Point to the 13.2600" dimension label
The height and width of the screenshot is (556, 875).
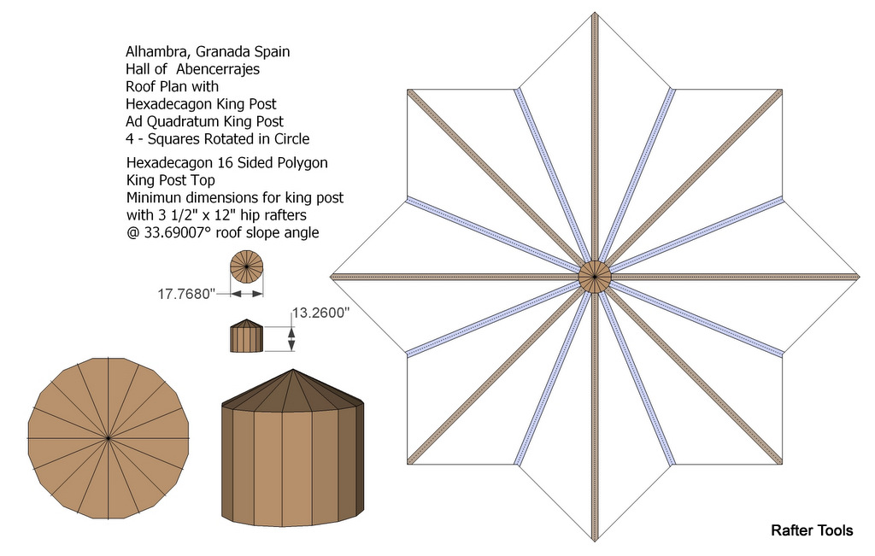coord(321,313)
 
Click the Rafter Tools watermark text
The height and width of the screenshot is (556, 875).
coord(811,530)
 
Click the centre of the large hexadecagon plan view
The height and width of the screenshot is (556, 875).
coord(109,438)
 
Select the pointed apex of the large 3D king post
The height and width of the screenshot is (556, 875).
coord(293,371)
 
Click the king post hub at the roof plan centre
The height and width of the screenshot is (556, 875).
coord(594,277)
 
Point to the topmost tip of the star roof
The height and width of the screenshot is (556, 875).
coord(594,13)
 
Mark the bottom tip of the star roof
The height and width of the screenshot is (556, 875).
coord(594,540)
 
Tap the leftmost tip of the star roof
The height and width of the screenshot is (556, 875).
coord(331,277)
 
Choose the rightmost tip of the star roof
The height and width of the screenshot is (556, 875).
coord(858,277)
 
